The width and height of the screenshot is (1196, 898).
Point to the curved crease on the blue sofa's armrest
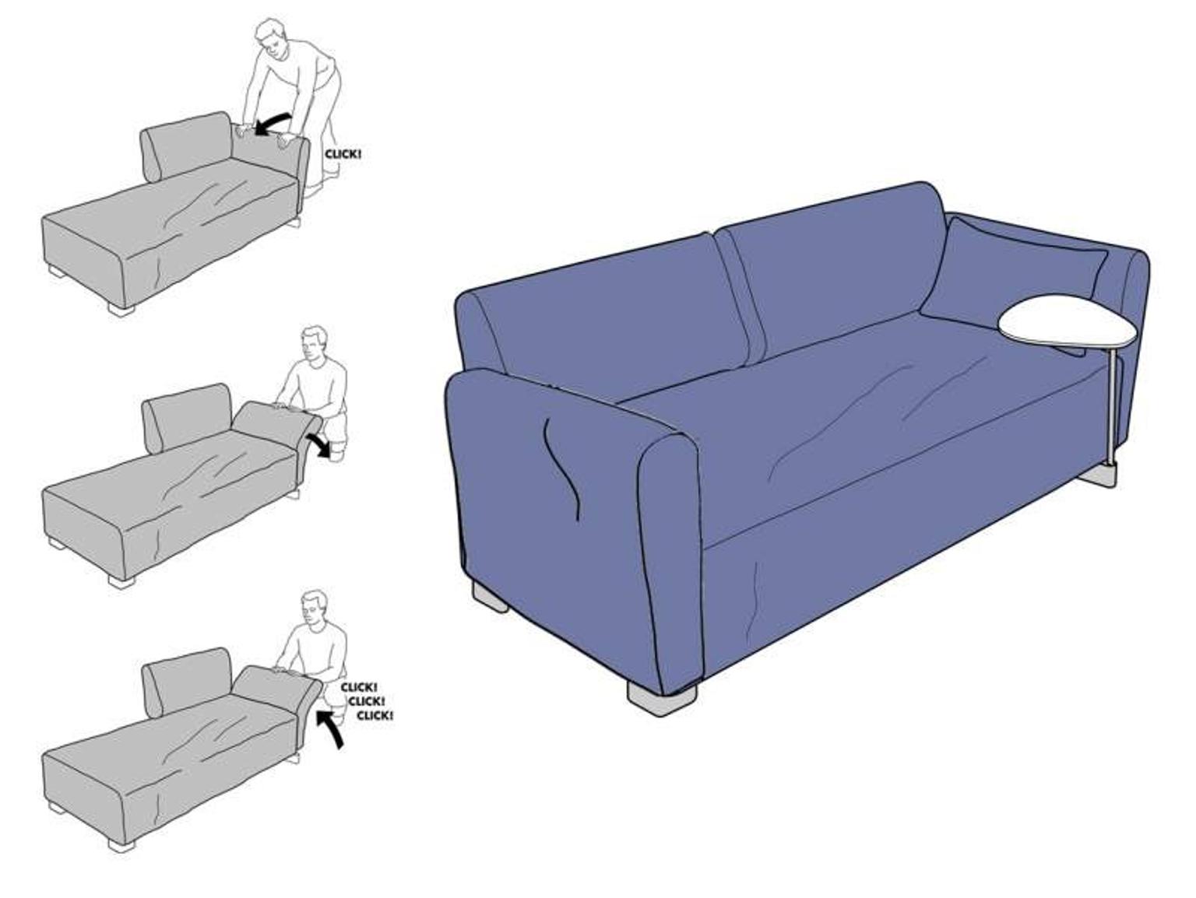561,468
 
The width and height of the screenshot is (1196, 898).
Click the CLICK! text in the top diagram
343,154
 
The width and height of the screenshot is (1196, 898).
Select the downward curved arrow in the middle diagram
318,444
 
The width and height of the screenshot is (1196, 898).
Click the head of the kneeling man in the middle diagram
315,344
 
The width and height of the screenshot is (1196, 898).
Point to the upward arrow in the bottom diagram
331,730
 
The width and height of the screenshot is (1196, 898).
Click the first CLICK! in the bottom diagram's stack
358,687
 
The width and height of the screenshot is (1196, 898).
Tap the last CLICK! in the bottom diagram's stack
375,715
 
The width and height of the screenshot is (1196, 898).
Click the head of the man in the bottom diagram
315,609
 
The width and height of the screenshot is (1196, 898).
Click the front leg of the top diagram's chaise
121,309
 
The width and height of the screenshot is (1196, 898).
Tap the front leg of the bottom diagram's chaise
121,844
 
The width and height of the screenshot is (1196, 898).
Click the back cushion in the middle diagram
186,416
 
